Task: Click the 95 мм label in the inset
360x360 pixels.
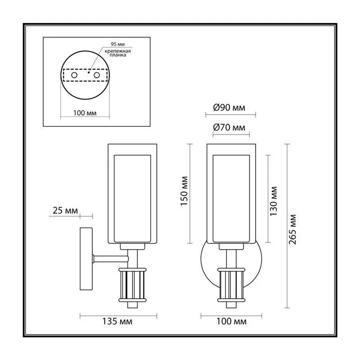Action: pos(117,44)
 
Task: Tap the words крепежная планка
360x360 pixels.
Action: pos(117,53)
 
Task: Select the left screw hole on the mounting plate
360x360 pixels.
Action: pos(74,75)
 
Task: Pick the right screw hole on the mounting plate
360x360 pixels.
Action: pos(97,75)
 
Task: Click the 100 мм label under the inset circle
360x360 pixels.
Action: pos(85,113)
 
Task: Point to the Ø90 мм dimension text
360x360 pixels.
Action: pos(229,108)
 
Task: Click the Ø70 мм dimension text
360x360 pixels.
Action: pos(229,127)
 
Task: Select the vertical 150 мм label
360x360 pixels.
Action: pos(184,191)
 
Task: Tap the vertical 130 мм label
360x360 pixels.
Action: pos(274,201)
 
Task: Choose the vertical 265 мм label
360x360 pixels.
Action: pos(292,229)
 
